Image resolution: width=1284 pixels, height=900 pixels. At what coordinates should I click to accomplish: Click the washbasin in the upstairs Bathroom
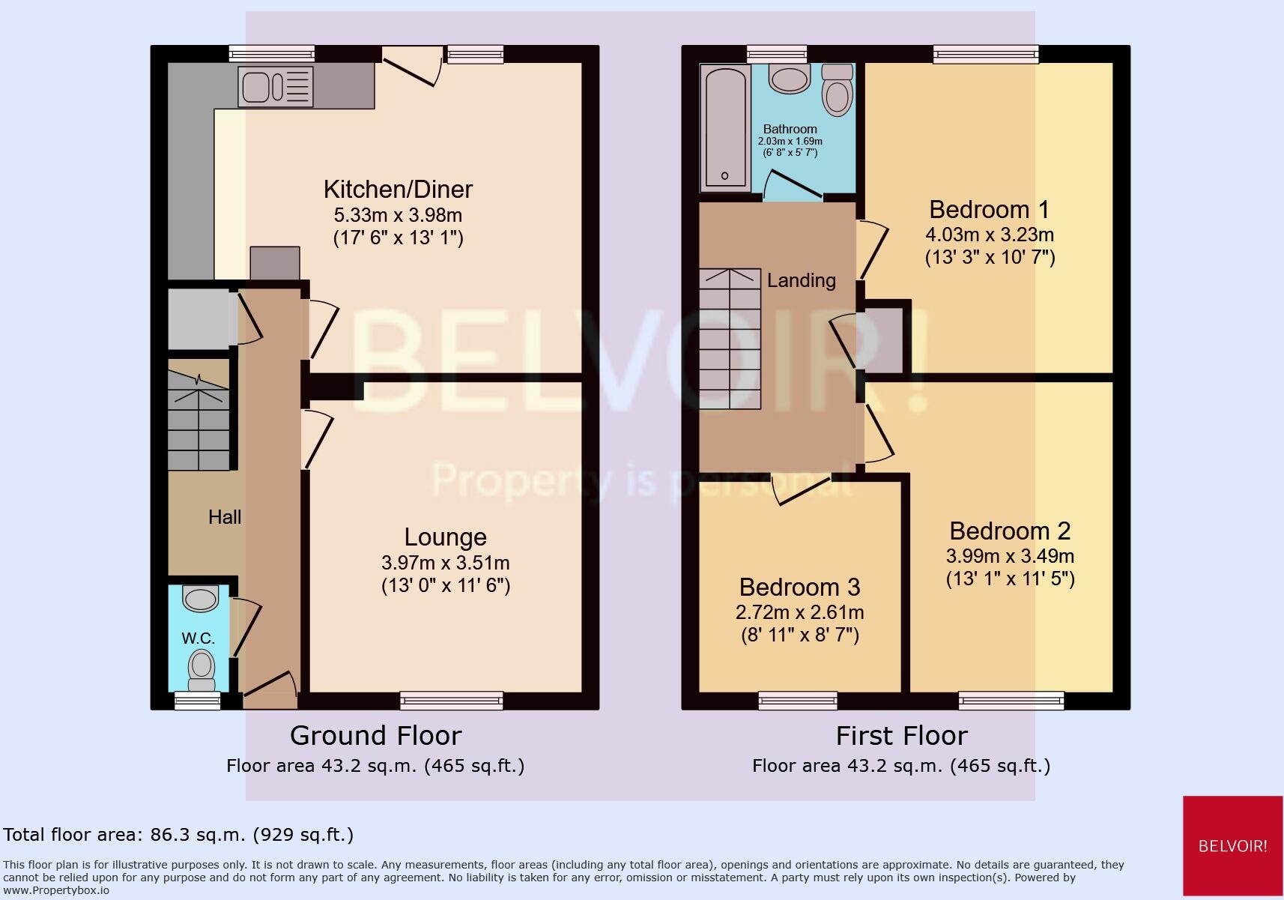pyautogui.click(x=790, y=78)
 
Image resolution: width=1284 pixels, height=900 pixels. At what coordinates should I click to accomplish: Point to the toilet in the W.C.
pyautogui.click(x=201, y=668)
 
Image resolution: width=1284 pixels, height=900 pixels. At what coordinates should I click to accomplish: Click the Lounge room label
pyautogui.click(x=445, y=537)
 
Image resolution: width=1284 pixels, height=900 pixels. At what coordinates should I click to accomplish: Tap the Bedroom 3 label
pyautogui.click(x=799, y=586)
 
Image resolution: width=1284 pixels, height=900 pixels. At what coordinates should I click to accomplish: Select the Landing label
pyautogui.click(x=801, y=280)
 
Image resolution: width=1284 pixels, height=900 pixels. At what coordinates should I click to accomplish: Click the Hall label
pyautogui.click(x=225, y=516)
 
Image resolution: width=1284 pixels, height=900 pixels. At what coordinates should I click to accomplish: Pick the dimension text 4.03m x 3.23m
pyautogui.click(x=989, y=235)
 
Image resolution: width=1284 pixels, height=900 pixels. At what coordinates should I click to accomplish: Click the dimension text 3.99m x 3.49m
pyautogui.click(x=1009, y=556)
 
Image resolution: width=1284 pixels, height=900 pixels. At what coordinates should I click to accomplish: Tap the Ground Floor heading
pyautogui.click(x=375, y=735)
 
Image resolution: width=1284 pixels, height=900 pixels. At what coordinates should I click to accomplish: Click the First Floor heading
pyautogui.click(x=901, y=735)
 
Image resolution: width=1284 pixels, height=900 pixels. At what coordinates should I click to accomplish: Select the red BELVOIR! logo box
pyautogui.click(x=1232, y=845)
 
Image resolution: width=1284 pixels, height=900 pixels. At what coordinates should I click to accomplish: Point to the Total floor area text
pyautogui.click(x=178, y=834)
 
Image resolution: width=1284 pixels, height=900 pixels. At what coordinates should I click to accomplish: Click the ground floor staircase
pyautogui.click(x=199, y=420)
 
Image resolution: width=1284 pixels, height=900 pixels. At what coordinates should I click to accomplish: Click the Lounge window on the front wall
pyautogui.click(x=451, y=701)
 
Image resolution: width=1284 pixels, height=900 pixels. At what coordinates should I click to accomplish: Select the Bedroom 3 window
pyautogui.click(x=797, y=701)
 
